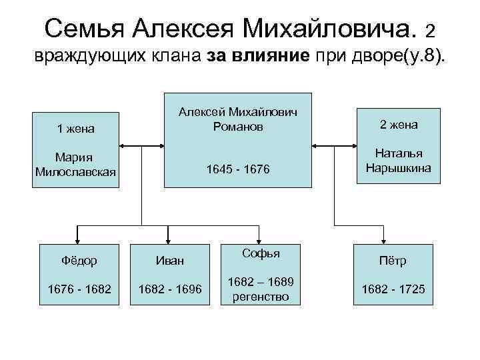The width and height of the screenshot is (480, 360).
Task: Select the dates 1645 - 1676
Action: click(x=238, y=171)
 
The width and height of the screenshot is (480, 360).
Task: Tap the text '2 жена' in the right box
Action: click(x=399, y=124)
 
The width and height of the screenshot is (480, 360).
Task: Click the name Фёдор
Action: click(x=79, y=261)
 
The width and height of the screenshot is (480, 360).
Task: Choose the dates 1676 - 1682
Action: click(x=79, y=289)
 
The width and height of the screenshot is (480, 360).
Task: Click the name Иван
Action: click(x=169, y=261)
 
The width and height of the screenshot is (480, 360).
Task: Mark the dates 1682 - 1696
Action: click(x=169, y=289)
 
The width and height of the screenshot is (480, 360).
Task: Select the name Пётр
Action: click(x=393, y=261)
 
